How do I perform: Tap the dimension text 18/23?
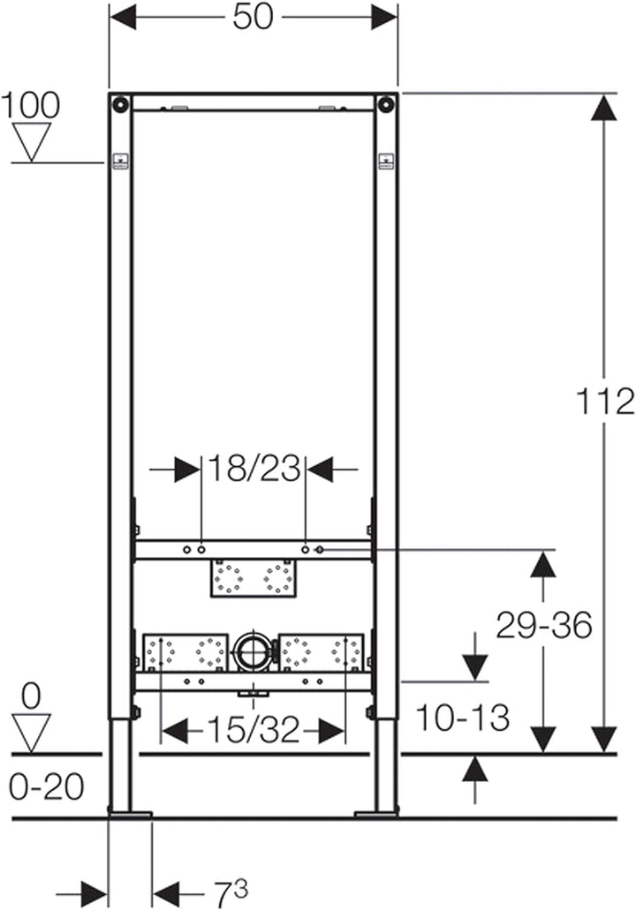pos(254,469)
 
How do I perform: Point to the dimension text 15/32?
pos(253,731)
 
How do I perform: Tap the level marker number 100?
pos(31,105)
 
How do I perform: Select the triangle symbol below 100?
pos(32,142)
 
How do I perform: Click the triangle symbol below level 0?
pos(32,733)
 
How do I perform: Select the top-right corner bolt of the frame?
pos(385,103)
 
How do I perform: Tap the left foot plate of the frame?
pos(130,812)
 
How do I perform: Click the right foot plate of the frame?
pos(376,812)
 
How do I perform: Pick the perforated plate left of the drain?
pos(186,652)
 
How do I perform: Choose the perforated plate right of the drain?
pos(321,652)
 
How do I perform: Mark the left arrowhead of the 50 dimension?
pos(124,17)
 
